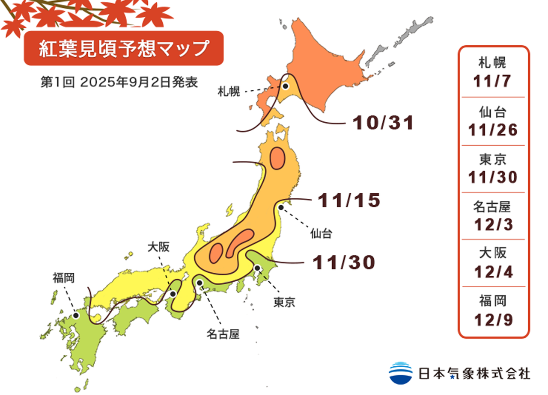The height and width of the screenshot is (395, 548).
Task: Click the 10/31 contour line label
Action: [383, 123]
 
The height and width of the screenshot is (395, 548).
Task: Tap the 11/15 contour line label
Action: [349, 200]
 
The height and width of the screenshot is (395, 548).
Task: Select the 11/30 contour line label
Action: [344, 262]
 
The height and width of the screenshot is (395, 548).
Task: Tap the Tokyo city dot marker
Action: [258, 268]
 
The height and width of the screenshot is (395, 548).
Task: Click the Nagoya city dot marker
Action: [200, 282]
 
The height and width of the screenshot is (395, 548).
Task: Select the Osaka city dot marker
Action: [173, 294]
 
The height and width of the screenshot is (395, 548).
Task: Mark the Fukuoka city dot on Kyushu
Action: [76, 315]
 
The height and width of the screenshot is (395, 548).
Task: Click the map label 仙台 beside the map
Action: [321, 234]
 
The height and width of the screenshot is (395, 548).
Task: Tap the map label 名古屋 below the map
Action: [222, 334]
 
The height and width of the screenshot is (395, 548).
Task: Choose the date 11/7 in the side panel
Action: [493, 81]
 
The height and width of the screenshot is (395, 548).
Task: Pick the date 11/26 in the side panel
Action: [493, 130]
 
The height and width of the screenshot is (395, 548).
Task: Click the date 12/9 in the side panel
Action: [493, 319]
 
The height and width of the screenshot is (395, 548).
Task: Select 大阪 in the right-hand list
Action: [493, 253]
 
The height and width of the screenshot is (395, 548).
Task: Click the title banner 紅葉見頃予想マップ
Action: [123, 49]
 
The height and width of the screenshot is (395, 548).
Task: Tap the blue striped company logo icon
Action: [400, 372]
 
